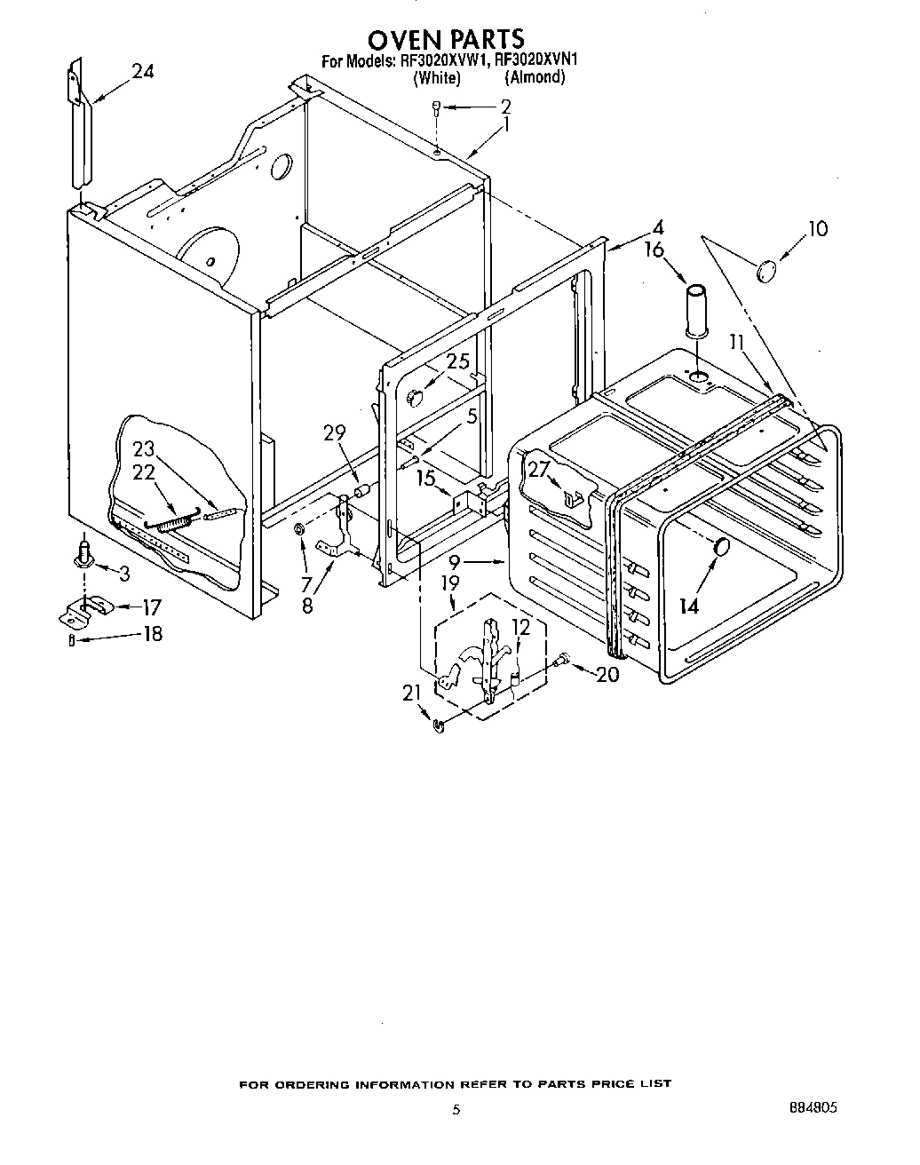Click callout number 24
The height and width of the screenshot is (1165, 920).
tap(142, 71)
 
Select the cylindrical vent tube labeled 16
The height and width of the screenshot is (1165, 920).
tap(696, 312)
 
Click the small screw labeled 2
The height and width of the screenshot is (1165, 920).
tap(436, 107)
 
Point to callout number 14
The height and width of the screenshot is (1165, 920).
tap(689, 606)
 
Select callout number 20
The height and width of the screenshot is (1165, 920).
tap(607, 674)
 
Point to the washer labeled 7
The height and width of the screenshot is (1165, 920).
tap(300, 530)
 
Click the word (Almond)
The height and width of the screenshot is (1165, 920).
tap(535, 77)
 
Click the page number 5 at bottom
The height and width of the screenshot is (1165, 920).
tap(456, 1109)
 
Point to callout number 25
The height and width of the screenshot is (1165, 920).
tap(457, 362)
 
